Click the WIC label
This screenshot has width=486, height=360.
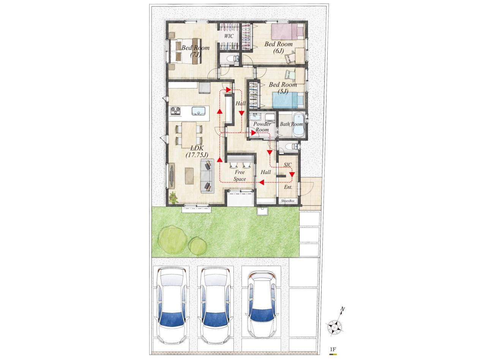click(229, 36)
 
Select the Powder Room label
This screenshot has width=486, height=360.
click(262, 127)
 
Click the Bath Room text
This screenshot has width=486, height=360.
click(291, 124)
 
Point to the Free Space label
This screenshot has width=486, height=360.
click(240, 175)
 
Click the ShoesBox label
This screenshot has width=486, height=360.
click(288, 201)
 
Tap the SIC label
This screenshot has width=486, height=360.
click(288, 165)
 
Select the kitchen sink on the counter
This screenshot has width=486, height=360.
click(199, 111)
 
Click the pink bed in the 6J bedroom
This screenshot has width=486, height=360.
click(287, 32)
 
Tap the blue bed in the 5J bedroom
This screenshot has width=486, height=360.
click(288, 100)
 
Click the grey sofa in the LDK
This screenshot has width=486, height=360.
click(207, 176)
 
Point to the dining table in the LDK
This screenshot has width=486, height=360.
click(189, 135)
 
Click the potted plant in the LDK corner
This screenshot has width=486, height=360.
click(174, 197)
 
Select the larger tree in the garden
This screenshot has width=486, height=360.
click(172, 240)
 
